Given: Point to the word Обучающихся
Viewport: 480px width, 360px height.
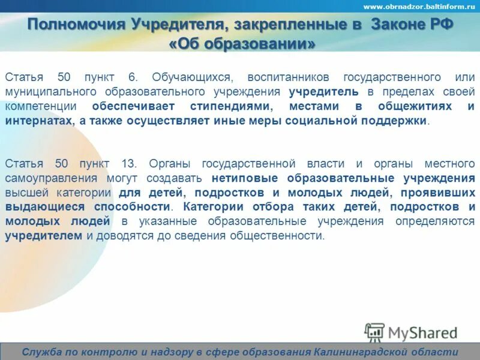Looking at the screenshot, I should click(190, 77).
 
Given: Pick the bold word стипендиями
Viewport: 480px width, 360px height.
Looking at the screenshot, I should click(223, 106).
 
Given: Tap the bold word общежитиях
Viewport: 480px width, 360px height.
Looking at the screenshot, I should click(412, 106).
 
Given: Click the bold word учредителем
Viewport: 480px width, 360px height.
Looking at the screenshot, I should click(44, 235).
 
